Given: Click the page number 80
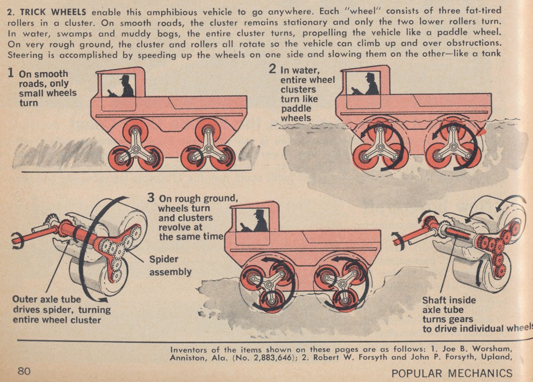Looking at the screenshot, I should (x=24, y=371).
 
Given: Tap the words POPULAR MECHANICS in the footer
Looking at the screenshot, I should (x=452, y=373).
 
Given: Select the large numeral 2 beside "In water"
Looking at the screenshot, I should (x=273, y=69).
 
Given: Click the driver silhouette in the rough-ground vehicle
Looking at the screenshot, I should (x=259, y=221).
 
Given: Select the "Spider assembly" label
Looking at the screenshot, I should (x=170, y=265).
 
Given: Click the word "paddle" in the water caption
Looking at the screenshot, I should (x=295, y=109).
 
